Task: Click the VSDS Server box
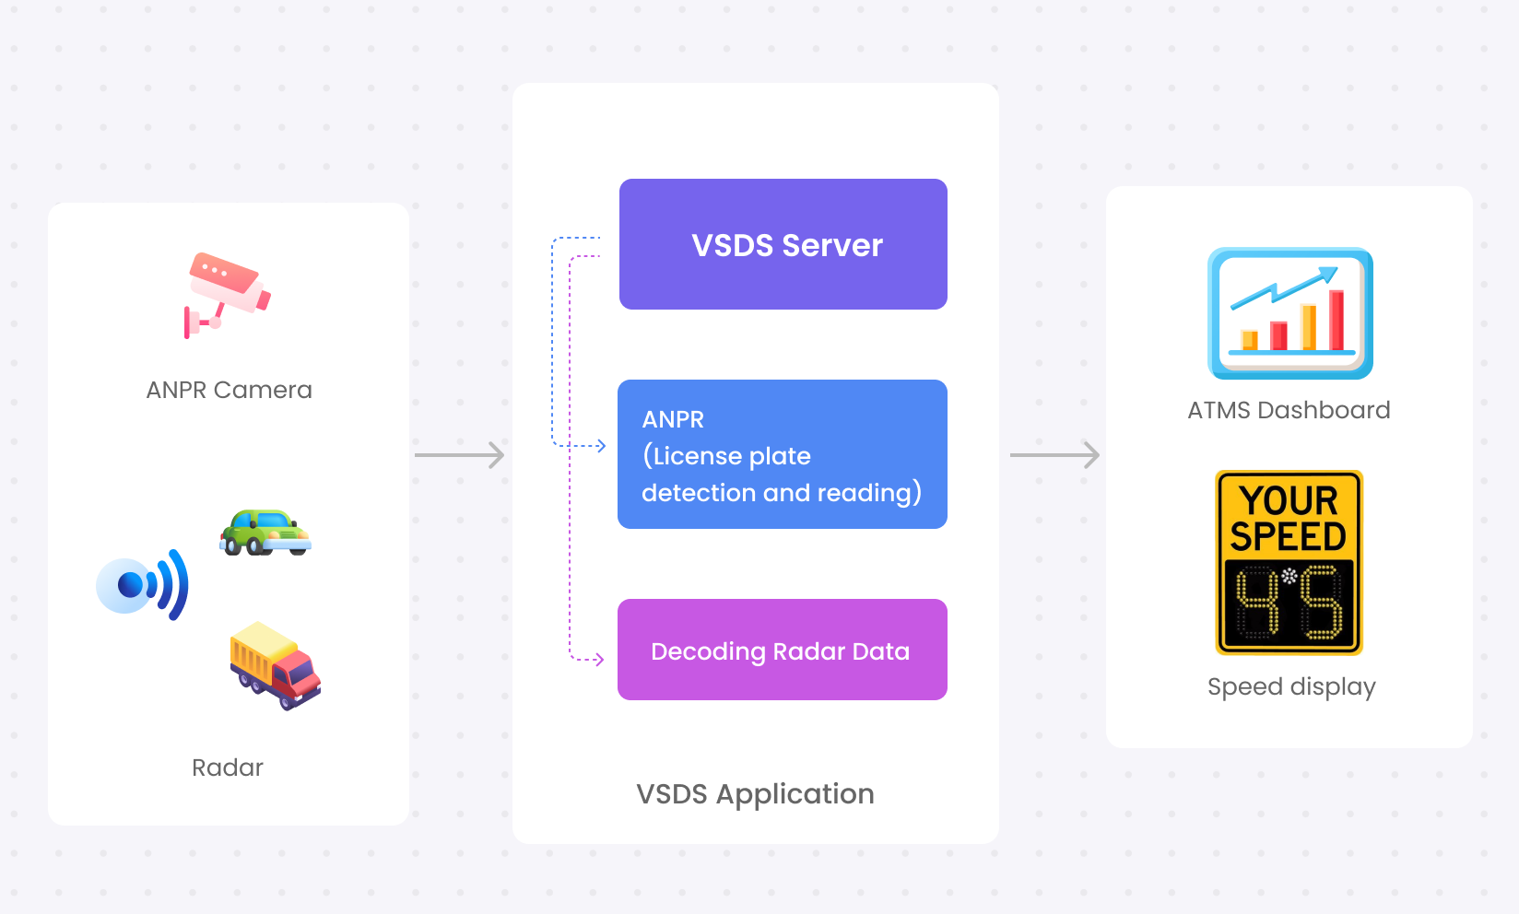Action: tap(783, 244)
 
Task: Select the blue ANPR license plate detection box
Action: tap(783, 454)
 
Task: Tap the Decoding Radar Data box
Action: tap(783, 650)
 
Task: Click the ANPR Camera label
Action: tap(230, 390)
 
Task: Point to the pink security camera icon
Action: tap(227, 295)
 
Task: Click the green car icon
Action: tap(265, 533)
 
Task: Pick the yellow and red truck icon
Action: tap(276, 665)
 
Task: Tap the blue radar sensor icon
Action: tap(142, 585)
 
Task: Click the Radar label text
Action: tap(227, 768)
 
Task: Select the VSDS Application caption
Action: tap(756, 794)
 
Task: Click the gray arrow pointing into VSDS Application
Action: tap(460, 455)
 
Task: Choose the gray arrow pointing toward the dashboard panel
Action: tap(1054, 455)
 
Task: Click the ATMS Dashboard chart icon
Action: tap(1290, 313)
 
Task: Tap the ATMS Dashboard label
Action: tap(1289, 410)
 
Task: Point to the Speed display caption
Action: tap(1292, 686)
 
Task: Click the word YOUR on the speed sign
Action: tap(1289, 501)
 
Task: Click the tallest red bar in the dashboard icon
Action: tap(1336, 320)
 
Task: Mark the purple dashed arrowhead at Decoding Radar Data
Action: tap(599, 659)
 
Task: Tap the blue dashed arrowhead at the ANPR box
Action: tap(601, 446)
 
